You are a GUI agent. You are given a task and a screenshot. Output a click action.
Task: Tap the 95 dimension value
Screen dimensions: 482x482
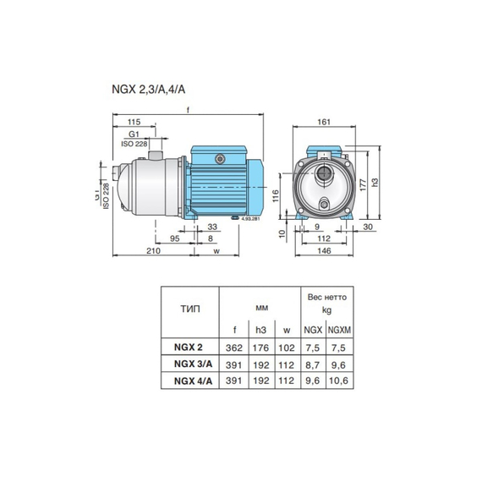(x=173, y=238)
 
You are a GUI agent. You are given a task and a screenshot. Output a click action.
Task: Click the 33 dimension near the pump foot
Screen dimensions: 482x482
(x=211, y=226)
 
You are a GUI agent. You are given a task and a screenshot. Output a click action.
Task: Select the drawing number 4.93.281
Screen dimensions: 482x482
(x=251, y=219)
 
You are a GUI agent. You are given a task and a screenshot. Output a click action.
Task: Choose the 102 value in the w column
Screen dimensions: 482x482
(x=287, y=347)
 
